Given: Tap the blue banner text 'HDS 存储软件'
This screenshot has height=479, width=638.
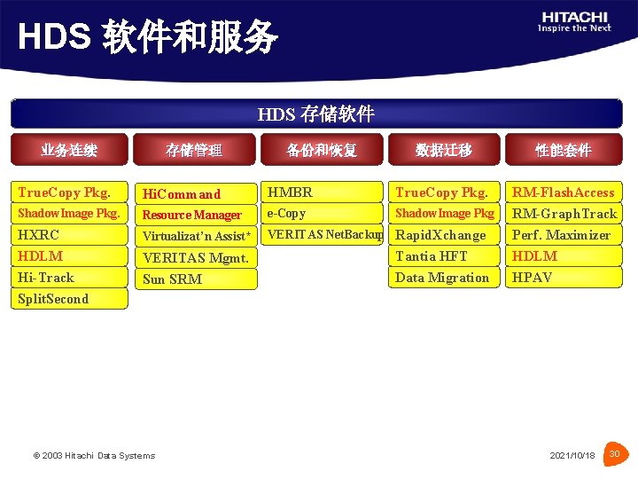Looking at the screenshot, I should [x=316, y=114].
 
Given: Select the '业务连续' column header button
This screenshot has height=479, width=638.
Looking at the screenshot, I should [x=69, y=150].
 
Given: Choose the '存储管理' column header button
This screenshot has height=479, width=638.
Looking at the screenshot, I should [x=194, y=150].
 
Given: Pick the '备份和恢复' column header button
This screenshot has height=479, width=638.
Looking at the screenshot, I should [x=322, y=150].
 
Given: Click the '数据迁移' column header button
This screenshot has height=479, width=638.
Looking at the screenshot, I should [x=443, y=150].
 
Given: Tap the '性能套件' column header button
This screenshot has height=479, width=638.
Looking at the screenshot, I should [x=563, y=150].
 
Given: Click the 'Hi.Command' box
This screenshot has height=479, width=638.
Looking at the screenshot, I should [x=195, y=193].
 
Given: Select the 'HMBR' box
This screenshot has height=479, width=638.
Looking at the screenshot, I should [x=322, y=192].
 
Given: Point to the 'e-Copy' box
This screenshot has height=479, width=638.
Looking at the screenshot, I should [x=322, y=214].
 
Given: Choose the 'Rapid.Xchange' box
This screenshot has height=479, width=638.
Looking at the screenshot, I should [x=443, y=235].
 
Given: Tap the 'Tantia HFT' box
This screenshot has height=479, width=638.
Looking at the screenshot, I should [x=443, y=256].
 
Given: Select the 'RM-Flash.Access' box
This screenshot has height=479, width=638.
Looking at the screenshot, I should [x=564, y=192].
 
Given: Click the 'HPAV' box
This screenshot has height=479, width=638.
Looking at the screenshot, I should [x=564, y=278].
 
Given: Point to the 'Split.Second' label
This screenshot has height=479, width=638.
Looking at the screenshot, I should [x=53, y=299].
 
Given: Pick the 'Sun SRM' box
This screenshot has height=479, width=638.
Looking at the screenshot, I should [x=195, y=279].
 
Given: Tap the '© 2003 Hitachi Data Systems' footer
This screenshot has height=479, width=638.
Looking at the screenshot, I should [x=94, y=456].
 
